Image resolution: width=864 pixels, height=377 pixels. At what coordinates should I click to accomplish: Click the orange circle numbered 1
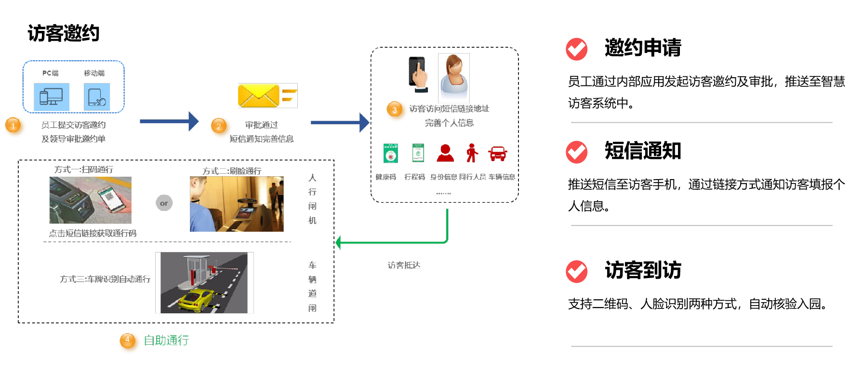(x=14, y=126)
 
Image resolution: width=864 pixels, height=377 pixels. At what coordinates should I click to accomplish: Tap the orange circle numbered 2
(x=220, y=127)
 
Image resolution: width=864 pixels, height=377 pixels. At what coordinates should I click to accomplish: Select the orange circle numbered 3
(x=396, y=111)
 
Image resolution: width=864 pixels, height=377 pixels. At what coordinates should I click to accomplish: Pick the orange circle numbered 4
(x=129, y=342)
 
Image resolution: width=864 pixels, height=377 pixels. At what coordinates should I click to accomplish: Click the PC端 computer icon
(x=52, y=97)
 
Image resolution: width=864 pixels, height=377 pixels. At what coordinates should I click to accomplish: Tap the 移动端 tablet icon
(x=97, y=97)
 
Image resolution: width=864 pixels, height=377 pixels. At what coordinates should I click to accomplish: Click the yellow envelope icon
(x=259, y=96)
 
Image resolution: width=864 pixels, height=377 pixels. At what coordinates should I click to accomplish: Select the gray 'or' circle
(x=164, y=203)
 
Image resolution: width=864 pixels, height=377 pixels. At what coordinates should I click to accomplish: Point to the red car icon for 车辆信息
(x=497, y=154)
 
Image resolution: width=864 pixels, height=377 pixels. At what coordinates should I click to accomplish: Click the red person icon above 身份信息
(x=445, y=153)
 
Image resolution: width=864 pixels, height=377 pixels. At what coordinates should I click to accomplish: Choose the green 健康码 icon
(x=390, y=154)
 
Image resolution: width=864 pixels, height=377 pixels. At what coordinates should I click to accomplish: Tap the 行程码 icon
(x=418, y=153)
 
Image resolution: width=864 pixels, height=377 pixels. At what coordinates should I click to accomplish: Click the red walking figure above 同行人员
(x=472, y=153)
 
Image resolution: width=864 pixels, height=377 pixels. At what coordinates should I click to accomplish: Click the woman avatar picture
(x=453, y=77)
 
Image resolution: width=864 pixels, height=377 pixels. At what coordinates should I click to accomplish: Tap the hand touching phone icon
(x=418, y=74)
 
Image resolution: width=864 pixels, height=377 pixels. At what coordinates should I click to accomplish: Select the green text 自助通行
(x=166, y=340)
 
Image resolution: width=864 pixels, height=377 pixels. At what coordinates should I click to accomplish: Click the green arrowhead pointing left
(x=339, y=242)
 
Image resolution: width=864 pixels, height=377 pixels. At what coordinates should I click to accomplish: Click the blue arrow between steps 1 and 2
(x=169, y=122)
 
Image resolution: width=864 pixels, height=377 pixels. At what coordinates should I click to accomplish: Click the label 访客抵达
(x=404, y=265)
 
